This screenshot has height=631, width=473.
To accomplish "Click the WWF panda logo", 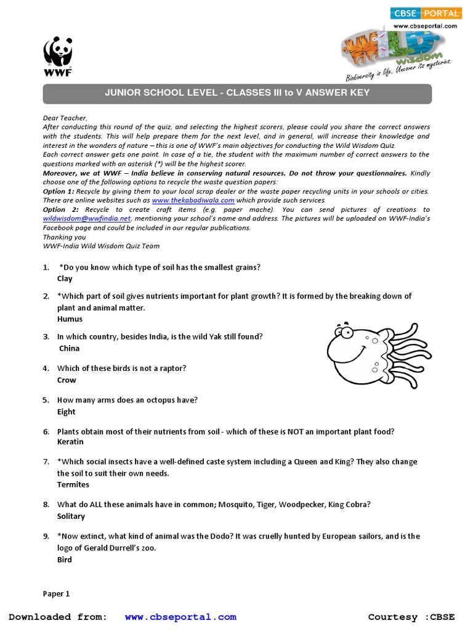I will point(58,54).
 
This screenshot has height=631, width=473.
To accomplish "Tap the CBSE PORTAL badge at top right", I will point(425,13).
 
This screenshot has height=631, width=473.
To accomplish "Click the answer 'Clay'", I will point(65,279).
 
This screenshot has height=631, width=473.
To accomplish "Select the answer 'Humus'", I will point(70,319).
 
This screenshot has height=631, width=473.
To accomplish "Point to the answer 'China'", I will point(69,348).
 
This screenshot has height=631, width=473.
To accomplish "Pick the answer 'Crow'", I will point(67,380).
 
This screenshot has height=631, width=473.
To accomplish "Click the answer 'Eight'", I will point(67,412).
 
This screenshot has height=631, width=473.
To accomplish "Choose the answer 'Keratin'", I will point(70,442).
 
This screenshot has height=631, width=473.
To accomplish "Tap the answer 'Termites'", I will point(73,484).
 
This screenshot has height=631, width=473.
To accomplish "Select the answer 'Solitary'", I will point(71,516).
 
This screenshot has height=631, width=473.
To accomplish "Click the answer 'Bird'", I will point(65,560).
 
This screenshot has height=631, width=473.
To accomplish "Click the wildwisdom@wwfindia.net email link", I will point(87,218).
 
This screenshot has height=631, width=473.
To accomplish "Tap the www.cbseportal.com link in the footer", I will point(180,617).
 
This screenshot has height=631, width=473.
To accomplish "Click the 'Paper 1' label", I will point(56,594).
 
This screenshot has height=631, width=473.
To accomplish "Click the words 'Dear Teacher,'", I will point(65,118).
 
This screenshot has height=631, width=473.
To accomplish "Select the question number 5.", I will point(46,400).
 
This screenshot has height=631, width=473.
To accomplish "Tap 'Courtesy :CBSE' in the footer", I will point(411,617).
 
